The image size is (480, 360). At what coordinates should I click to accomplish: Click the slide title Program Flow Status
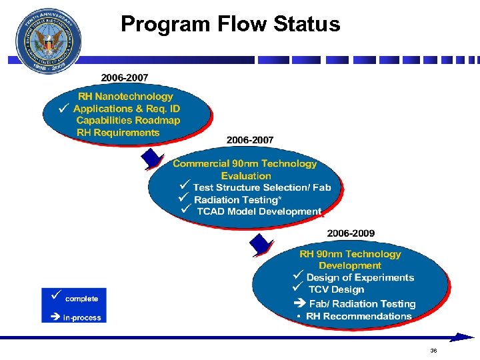[230, 25]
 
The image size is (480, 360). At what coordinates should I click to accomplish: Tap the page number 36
[433, 351]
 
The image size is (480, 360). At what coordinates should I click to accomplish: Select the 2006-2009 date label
[350, 233]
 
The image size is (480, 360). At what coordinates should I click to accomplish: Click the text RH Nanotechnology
[125, 97]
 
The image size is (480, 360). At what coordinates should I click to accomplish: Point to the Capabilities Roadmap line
[128, 121]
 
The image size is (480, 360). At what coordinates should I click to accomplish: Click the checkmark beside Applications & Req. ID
[63, 107]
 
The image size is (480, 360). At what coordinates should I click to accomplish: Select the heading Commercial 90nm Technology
[245, 164]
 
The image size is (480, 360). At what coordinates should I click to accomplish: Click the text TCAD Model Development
[259, 211]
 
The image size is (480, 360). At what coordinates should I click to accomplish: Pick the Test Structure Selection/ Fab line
[261, 187]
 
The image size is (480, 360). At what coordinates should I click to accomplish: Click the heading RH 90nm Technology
[350, 254]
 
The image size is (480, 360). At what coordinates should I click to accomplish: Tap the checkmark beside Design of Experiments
[298, 276]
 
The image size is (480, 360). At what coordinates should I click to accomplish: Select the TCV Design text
[336, 289]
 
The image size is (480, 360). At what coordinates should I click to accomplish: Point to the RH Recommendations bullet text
[359, 316]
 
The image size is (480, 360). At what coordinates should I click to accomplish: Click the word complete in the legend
[81, 299]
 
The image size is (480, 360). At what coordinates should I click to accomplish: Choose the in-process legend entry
[81, 318]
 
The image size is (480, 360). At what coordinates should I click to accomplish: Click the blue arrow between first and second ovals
[154, 159]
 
